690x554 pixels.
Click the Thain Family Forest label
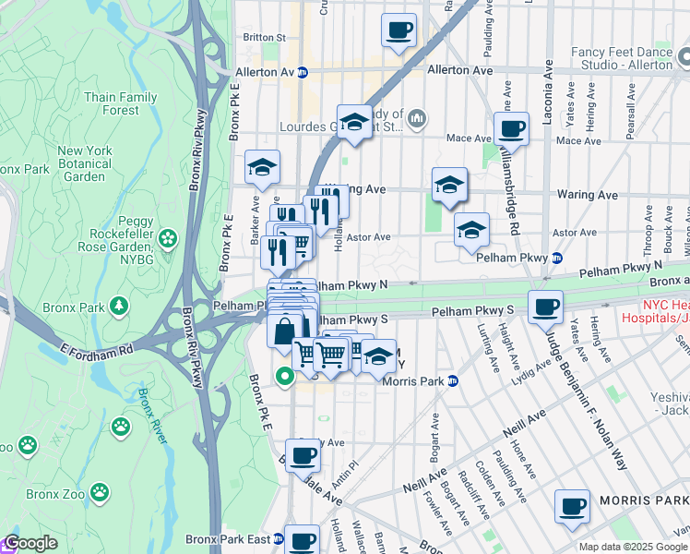coord(120,103)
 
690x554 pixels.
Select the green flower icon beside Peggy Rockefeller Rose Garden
coord(167,240)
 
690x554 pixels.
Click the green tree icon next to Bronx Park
coord(118,306)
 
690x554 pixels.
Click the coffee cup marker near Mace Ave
coord(510,128)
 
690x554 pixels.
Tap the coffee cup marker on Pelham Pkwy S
coord(546,306)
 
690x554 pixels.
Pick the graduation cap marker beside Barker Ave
coord(262,167)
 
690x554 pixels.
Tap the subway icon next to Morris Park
coord(452,380)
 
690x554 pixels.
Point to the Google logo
coord(30,544)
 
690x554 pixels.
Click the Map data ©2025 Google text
coord(632,547)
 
